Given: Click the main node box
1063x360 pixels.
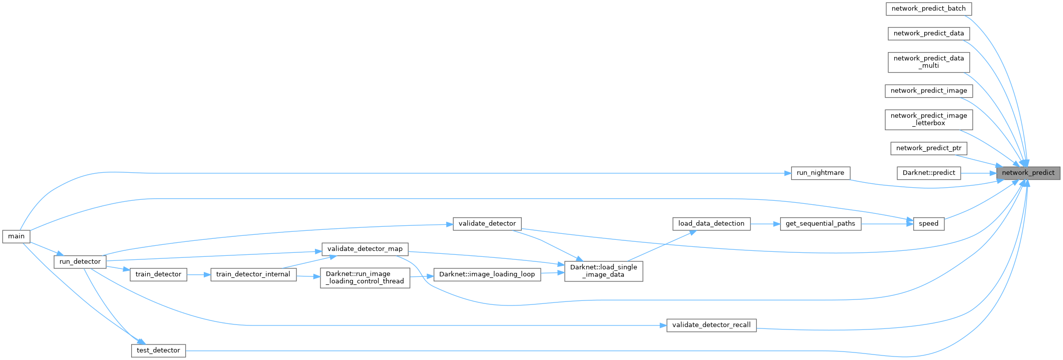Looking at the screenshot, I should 16,236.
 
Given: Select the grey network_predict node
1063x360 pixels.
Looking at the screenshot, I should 1028,173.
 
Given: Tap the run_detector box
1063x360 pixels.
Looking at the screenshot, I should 80,261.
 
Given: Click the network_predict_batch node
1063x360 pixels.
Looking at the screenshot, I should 928,9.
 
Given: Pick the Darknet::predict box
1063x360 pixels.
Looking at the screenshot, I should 928,173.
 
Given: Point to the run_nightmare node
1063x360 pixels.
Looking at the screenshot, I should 820,173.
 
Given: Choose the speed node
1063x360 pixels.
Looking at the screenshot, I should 928,223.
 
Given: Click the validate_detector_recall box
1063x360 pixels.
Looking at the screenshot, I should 711,325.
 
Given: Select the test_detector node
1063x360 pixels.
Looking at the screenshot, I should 158,350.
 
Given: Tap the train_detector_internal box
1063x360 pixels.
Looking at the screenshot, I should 253,274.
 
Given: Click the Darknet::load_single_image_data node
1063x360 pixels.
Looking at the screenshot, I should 603,271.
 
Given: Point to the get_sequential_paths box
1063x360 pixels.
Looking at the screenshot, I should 820,223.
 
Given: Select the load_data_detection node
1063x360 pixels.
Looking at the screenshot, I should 711,223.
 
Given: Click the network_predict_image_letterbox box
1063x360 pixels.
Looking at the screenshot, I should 928,119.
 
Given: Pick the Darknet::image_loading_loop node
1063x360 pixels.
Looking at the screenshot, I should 487,274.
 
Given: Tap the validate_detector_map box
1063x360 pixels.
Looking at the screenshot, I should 365,249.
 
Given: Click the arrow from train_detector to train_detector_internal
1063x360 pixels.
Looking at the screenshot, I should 198,274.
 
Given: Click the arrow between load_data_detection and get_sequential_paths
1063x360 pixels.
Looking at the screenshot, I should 765,223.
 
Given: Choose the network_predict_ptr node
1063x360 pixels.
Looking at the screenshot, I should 928,148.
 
